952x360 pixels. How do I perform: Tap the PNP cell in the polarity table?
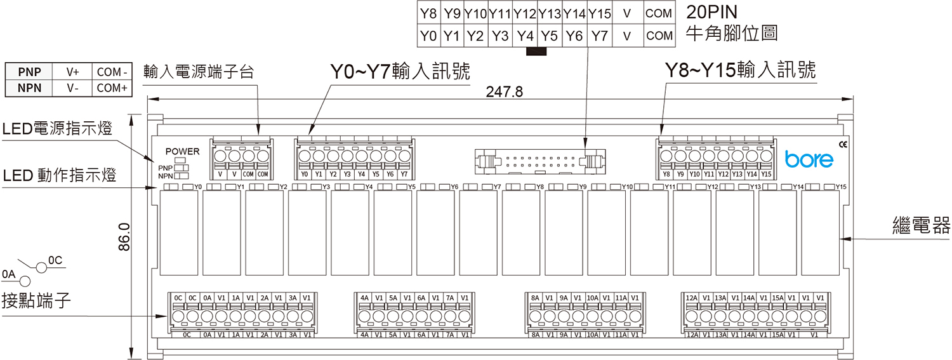(29, 72)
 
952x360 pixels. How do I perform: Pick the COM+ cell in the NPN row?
(112, 88)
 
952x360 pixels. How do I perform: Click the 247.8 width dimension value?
(504, 92)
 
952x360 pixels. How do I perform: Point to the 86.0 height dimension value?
(124, 236)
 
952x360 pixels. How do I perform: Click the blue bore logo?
(809, 159)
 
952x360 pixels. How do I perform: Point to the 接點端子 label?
(36, 300)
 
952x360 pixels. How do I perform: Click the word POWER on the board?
(182, 152)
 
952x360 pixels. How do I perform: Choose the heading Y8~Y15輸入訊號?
(739, 70)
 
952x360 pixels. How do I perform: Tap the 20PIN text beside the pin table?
(714, 13)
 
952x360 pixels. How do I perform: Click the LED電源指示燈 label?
(57, 130)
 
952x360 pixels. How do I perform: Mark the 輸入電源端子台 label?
(199, 71)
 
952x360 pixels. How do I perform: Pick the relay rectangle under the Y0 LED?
(178, 233)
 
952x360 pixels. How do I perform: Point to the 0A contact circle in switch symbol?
(25, 281)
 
